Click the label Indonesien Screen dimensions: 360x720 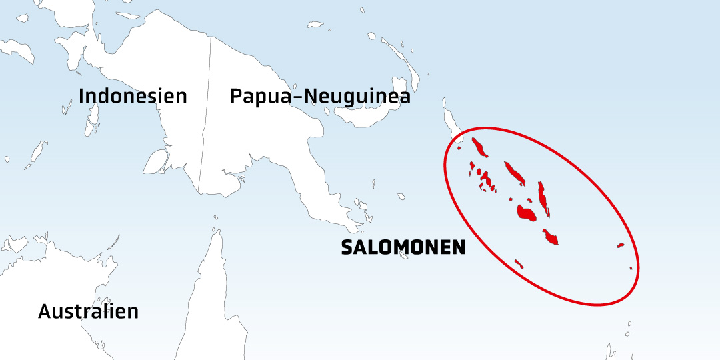tap(133, 96)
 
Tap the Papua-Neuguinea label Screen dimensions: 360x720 tap(319, 97)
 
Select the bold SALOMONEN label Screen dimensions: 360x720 tap(403, 247)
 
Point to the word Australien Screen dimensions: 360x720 tap(88, 311)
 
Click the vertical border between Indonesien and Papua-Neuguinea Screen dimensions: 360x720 tap(205, 113)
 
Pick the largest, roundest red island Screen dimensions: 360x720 tap(526, 213)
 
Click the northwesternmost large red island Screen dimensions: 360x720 tap(479, 147)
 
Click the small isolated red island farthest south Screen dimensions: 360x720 tap(519, 264)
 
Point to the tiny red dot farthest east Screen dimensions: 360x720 tap(631, 269)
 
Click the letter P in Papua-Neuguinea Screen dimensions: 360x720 tap(237, 97)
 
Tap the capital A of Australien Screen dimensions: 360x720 tap(45, 311)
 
